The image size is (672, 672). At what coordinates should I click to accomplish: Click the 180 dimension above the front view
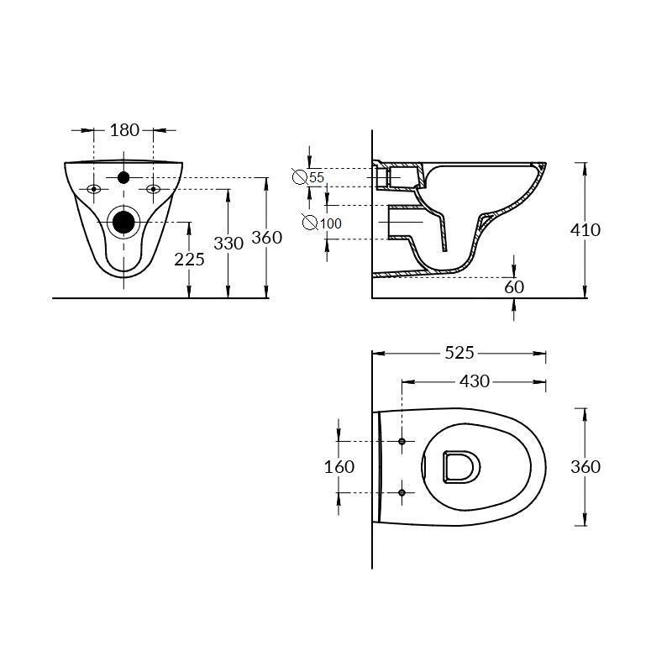click(124, 130)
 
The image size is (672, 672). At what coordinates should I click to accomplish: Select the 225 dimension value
click(189, 259)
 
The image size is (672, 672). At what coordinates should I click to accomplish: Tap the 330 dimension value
click(228, 243)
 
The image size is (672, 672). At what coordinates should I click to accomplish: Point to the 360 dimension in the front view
click(266, 238)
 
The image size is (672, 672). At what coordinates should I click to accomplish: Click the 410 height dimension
click(585, 228)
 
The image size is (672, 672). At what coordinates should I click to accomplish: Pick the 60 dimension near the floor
click(514, 287)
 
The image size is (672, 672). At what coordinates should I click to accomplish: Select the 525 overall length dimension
click(459, 353)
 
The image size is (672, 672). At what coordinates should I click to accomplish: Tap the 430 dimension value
click(474, 382)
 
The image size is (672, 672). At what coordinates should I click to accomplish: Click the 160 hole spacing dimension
click(339, 466)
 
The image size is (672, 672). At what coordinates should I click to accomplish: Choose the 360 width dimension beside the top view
click(585, 466)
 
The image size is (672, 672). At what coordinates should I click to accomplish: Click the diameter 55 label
click(316, 177)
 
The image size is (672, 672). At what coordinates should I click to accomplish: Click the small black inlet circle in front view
click(123, 177)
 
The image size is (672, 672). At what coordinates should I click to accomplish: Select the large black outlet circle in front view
click(123, 222)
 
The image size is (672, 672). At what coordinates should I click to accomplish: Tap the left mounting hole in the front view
click(94, 189)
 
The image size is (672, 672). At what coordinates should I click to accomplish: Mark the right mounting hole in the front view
click(153, 189)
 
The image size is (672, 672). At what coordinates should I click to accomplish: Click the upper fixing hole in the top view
click(402, 441)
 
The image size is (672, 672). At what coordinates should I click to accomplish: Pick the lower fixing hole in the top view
click(402, 492)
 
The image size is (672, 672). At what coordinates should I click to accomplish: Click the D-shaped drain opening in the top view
click(460, 466)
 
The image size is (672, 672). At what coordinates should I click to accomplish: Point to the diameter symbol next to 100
click(310, 223)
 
